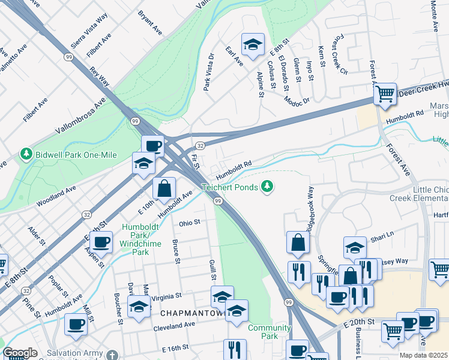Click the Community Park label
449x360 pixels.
[x=269, y=332]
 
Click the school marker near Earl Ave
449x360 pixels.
[x=253, y=44]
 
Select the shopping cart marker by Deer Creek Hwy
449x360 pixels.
[x=384, y=94]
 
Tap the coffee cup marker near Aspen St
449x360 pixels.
[x=101, y=242]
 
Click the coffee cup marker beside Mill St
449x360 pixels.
[x=76, y=324]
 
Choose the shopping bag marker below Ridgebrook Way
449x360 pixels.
[x=298, y=243]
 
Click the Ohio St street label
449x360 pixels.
[x=188, y=223]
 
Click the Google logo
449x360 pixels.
[x=20, y=353]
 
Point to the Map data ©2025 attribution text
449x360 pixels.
[x=423, y=355]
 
